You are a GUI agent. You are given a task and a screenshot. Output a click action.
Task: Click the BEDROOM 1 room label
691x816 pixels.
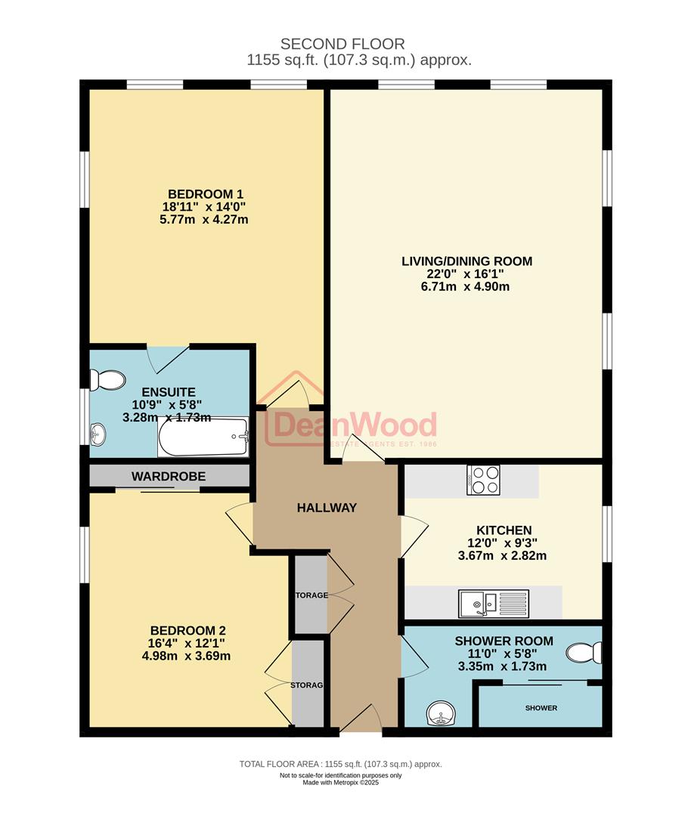point(206,193)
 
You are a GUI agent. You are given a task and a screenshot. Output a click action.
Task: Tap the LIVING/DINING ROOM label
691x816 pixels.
point(466,261)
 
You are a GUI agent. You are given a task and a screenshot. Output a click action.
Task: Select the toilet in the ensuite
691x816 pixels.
point(106,379)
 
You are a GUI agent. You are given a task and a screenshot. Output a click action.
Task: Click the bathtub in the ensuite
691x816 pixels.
point(203,437)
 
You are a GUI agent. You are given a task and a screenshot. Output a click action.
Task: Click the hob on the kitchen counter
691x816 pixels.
point(484,480)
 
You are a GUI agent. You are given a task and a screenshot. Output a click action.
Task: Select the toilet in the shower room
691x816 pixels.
point(586,652)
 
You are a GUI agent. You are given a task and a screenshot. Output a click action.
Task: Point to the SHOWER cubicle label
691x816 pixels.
point(541,708)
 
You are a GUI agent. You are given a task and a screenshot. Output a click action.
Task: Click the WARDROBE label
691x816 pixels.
point(169,477)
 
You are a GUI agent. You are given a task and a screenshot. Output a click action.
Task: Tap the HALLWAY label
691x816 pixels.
point(326,508)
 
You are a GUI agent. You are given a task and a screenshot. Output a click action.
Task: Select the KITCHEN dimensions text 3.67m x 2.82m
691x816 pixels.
point(504,555)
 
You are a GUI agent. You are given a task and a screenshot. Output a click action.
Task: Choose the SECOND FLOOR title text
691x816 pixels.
point(342,44)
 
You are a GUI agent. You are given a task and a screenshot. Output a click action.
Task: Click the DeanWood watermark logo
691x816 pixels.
point(352,428)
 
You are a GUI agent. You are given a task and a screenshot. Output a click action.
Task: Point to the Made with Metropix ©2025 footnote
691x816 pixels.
point(340,783)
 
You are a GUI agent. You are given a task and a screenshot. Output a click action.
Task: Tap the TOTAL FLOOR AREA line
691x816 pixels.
point(340,764)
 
